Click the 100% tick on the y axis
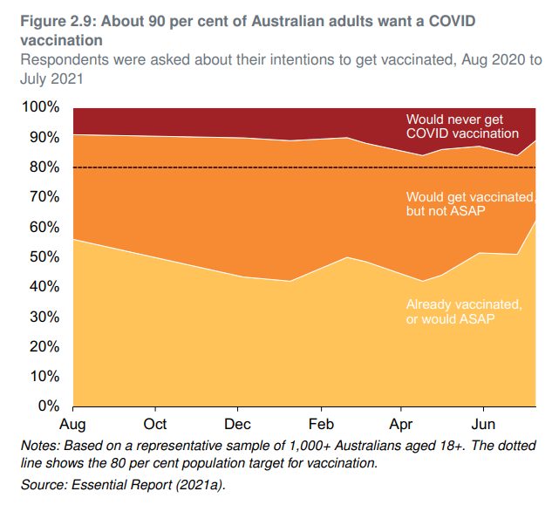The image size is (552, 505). (x=40, y=107)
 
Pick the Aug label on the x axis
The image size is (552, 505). (x=72, y=426)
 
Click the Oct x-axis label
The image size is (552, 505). (x=155, y=426)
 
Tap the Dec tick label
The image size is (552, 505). (x=237, y=426)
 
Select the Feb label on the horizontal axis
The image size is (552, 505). (x=321, y=426)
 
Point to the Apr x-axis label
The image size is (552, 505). (x=401, y=426)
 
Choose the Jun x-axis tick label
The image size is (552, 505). (x=483, y=426)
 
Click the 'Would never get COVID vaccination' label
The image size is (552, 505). (x=462, y=126)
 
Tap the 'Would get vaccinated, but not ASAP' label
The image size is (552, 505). (x=463, y=204)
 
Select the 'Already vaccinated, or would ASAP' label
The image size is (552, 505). (x=463, y=311)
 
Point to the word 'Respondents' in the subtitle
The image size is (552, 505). (x=64, y=60)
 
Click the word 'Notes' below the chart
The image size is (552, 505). (x=39, y=446)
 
